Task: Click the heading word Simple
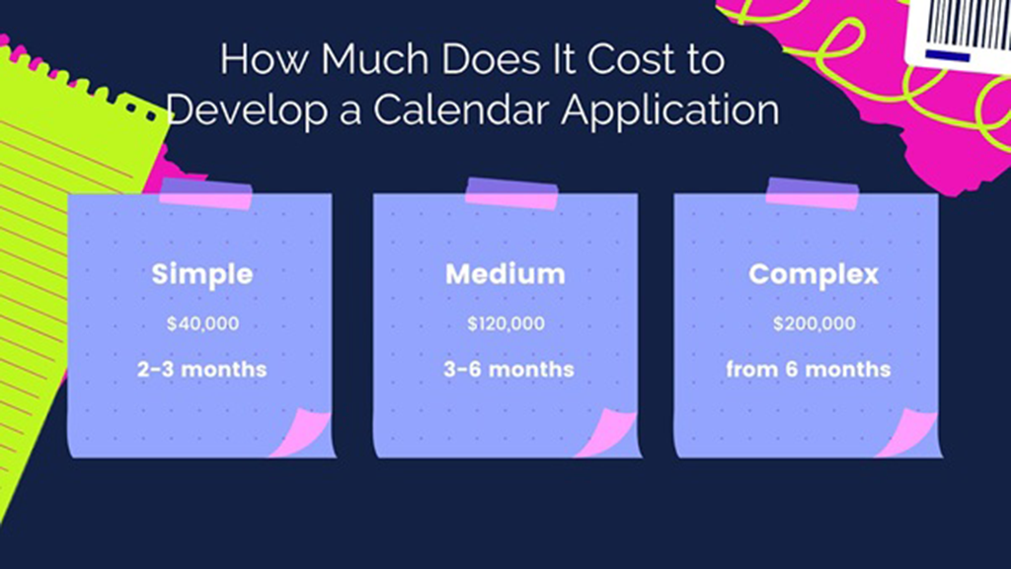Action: click(x=201, y=275)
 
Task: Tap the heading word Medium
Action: click(x=505, y=274)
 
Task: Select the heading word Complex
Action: click(x=814, y=275)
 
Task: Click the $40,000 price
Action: click(x=202, y=323)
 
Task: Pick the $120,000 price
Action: click(x=505, y=323)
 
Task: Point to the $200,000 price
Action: click(x=814, y=323)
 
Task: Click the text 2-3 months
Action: click(x=201, y=370)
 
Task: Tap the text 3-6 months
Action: click(x=508, y=370)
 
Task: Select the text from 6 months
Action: click(x=808, y=370)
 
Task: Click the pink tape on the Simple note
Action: click(x=205, y=193)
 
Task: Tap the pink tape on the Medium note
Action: click(x=511, y=193)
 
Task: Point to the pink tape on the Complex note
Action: click(x=812, y=193)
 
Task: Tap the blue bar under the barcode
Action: click(x=948, y=56)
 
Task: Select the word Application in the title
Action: click(x=670, y=110)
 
